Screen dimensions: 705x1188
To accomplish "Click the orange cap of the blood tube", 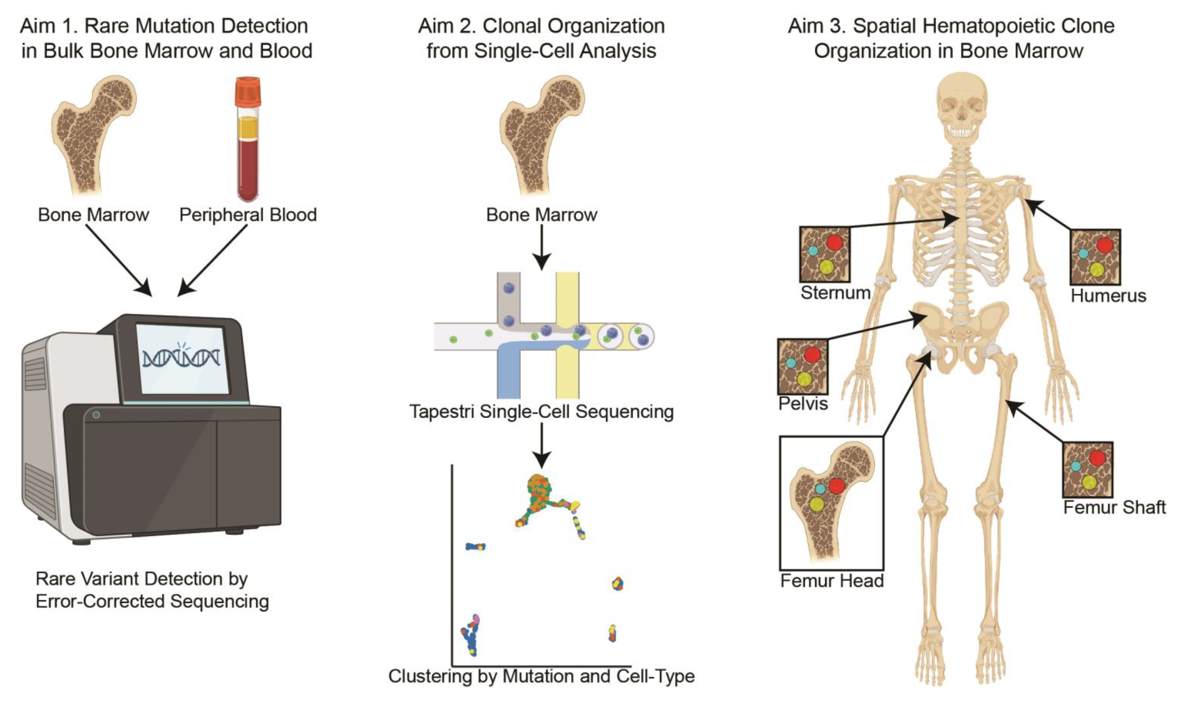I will click(247, 91).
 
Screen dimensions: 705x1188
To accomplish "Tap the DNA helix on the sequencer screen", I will click(181, 357).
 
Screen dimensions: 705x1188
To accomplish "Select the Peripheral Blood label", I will click(247, 215).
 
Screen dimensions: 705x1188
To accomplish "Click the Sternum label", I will click(835, 292).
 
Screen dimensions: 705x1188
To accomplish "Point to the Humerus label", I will click(1108, 296).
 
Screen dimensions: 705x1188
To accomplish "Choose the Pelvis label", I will click(803, 403).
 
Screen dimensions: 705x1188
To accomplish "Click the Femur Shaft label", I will click(1114, 508).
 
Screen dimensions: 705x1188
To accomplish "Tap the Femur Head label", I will click(832, 581).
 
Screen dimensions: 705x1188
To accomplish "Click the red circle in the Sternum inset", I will click(834, 243).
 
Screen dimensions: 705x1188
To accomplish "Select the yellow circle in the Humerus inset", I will click(1096, 269).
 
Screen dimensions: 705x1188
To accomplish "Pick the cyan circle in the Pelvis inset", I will click(791, 363).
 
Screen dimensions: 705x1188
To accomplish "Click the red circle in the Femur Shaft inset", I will click(1097, 458).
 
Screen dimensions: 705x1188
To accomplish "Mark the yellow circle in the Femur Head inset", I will click(817, 503).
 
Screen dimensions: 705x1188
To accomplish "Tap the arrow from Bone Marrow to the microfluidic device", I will click(541, 247).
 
